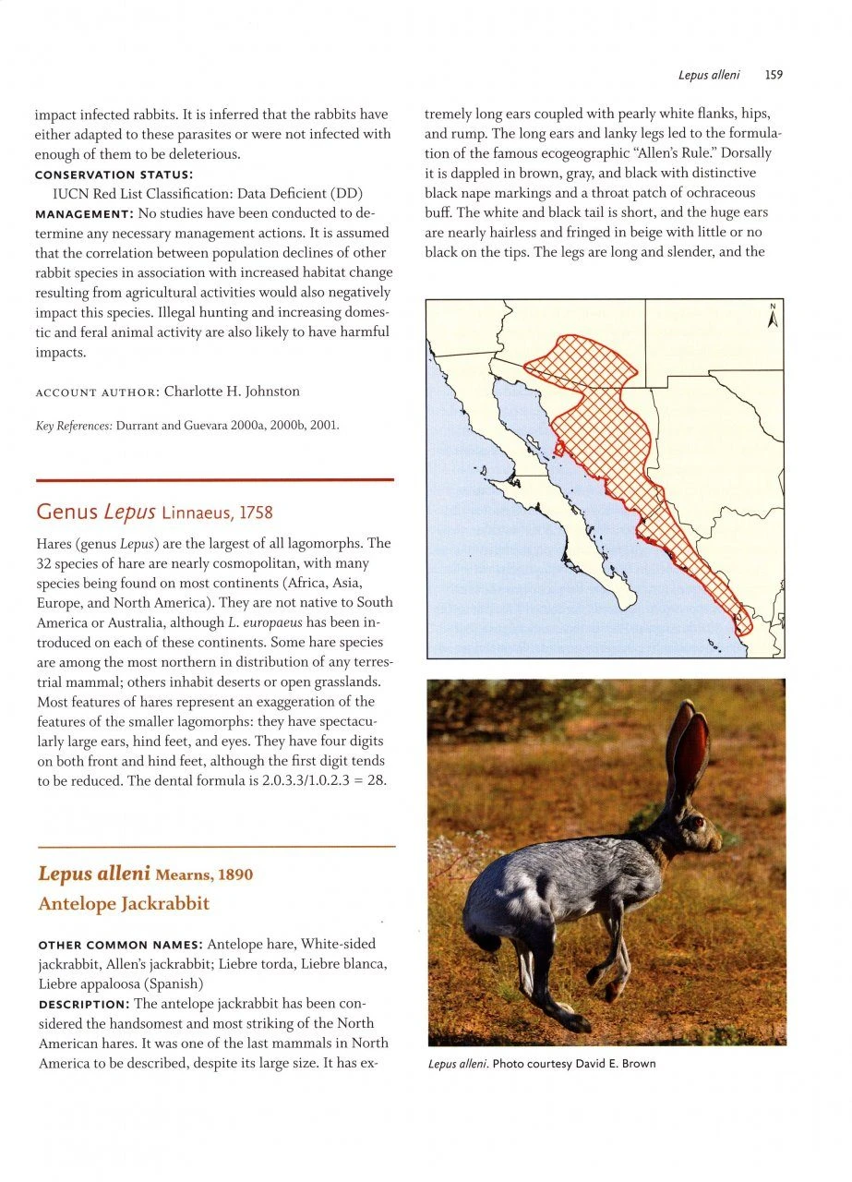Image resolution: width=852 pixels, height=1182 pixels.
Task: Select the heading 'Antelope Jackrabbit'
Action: [x=124, y=904]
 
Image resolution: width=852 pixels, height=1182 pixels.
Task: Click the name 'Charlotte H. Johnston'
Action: [x=232, y=392]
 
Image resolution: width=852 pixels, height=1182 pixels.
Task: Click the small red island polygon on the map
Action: [x=559, y=449]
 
